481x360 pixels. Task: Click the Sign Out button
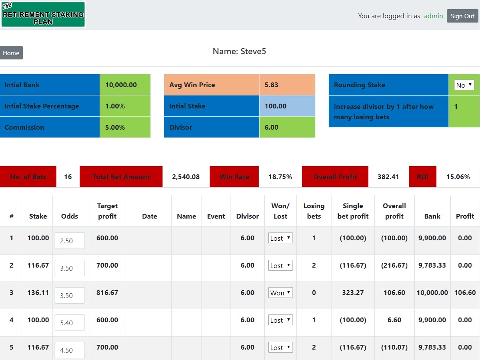[462, 16]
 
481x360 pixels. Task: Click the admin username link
[433, 16]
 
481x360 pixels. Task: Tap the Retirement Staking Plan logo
[43, 14]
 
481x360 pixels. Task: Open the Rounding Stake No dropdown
[464, 85]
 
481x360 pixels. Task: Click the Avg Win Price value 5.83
[271, 85]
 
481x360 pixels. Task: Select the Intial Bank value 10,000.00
[121, 85]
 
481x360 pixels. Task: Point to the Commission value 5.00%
[115, 127]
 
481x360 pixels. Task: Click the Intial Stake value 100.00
[276, 106]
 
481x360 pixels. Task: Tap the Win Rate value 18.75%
[280, 177]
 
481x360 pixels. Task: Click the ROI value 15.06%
[458, 177]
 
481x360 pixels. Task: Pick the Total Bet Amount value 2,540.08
[185, 177]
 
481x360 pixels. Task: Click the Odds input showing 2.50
[70, 241]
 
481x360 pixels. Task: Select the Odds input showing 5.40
[70, 323]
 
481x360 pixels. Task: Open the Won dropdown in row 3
[280, 293]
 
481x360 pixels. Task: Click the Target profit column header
[107, 211]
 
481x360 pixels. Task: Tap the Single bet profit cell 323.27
[353, 292]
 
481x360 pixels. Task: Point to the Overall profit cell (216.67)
[394, 265]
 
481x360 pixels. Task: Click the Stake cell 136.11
[38, 292]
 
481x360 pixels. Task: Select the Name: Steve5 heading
[239, 51]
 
